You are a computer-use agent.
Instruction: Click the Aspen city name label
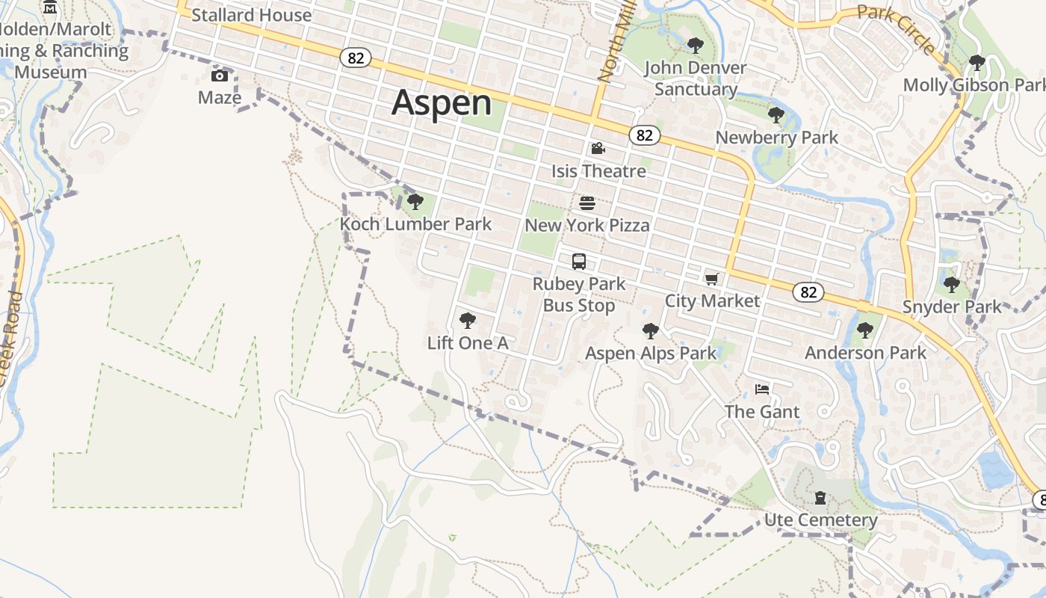(442, 102)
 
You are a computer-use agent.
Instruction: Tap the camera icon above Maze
(220, 75)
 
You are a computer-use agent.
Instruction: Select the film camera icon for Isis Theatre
(598, 149)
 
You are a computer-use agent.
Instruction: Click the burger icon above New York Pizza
(587, 203)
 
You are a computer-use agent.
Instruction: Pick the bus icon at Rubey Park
(579, 262)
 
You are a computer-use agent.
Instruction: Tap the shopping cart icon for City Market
(711, 279)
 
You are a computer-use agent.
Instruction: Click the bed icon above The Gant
(762, 389)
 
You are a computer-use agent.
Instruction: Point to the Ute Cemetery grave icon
(820, 498)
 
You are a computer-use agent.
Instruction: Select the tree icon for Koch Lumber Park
(415, 202)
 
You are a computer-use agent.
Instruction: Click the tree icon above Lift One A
(468, 321)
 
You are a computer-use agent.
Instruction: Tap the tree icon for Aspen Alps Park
(651, 330)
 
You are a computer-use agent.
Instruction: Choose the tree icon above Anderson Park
(865, 330)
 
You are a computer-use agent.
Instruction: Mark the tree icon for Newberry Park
(776, 115)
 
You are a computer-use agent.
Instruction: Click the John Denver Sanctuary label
(696, 78)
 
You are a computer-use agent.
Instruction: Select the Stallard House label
(251, 15)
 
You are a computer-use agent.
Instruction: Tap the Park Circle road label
(896, 28)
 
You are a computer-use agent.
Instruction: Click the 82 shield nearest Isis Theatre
(644, 135)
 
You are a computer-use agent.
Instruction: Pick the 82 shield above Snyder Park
(809, 292)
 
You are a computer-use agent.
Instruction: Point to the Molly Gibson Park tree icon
(976, 63)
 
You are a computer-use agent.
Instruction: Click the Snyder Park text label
(952, 307)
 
